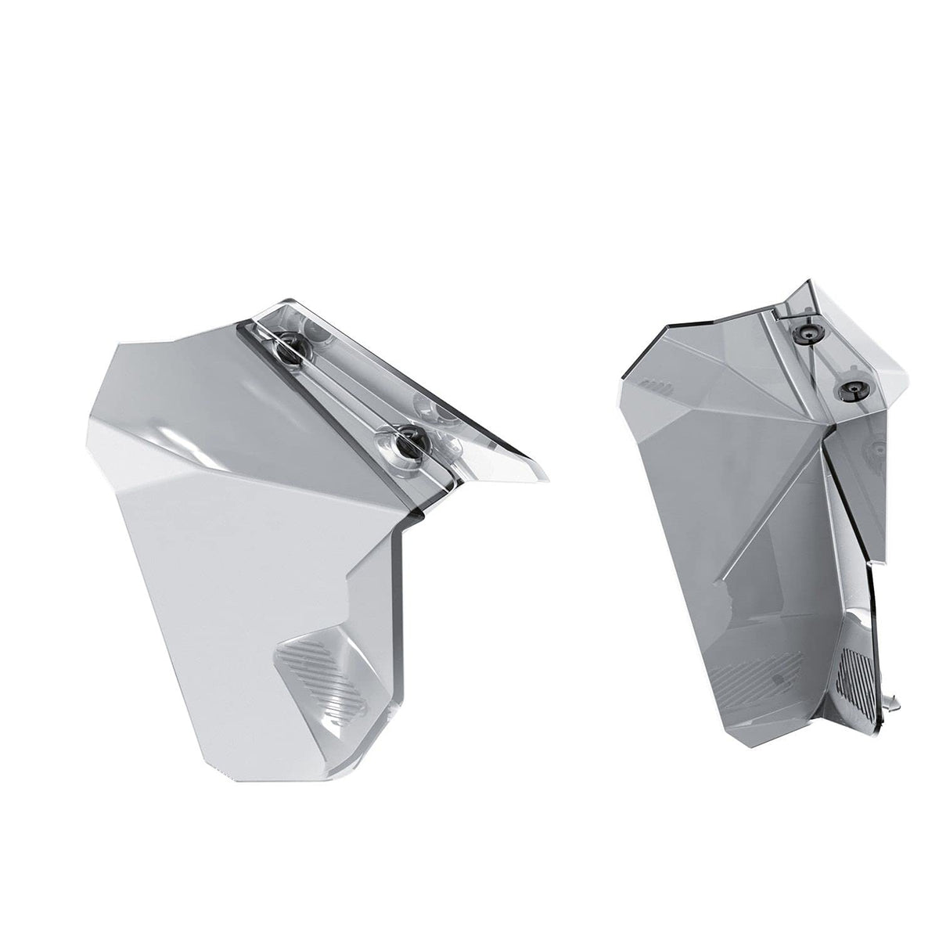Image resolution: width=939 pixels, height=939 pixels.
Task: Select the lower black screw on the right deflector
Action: (x=849, y=389)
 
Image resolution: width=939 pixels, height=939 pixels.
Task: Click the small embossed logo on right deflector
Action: (x=655, y=384)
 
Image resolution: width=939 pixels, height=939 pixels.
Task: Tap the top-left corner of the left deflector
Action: (x=117, y=344)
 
